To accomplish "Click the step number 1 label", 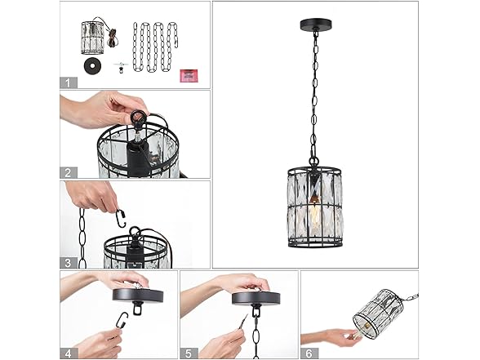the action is tap(68, 82).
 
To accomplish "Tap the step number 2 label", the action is tap(68, 173).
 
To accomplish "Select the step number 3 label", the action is tap(68, 263).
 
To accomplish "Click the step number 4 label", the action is tap(68, 353).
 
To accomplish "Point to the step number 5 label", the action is tap(189, 353).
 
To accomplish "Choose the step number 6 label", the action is tap(309, 353).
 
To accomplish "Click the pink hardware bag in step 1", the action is tap(189, 75).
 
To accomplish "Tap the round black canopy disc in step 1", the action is tap(91, 66).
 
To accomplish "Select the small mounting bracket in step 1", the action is tap(120, 67).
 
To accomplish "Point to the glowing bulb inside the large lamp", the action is tap(313, 211).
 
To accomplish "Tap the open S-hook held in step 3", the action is tap(121, 218).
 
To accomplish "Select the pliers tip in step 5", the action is tap(246, 317).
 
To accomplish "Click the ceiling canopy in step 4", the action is tap(138, 295).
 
